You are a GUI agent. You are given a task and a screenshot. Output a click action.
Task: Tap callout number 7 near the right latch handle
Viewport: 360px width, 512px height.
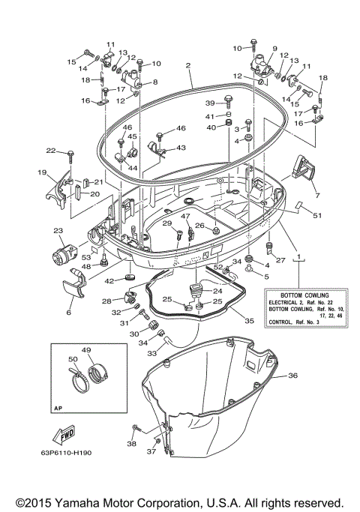(x=317, y=196)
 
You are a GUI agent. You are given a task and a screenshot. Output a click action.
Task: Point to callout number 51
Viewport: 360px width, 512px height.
(x=317, y=216)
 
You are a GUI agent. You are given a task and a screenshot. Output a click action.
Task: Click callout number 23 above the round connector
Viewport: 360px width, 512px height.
(x=58, y=231)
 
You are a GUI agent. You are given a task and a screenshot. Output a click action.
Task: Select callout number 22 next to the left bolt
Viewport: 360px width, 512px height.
(x=51, y=151)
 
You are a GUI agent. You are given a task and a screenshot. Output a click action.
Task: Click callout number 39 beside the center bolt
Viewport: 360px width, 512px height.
(x=211, y=103)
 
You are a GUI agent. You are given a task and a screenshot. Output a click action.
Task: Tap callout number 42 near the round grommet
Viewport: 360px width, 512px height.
(x=109, y=280)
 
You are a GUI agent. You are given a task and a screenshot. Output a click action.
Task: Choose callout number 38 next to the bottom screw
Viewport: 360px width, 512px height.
(x=133, y=444)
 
